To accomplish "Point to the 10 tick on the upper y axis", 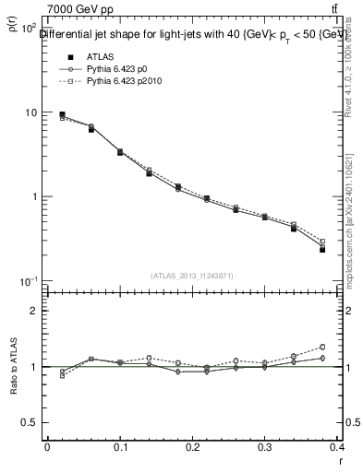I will pos(30,112).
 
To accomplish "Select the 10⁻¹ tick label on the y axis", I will pos(29,281).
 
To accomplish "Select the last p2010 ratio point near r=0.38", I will pos(348,348).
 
